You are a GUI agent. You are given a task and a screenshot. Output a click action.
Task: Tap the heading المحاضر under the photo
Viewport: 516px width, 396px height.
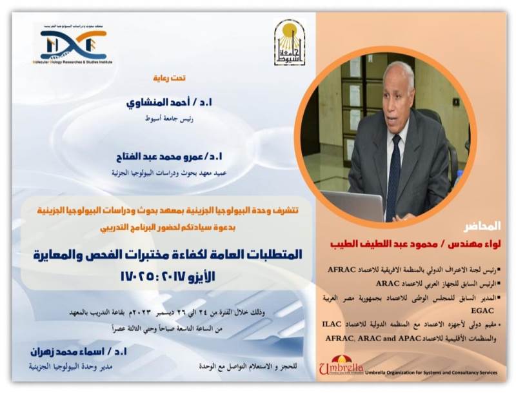click(x=482, y=227)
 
